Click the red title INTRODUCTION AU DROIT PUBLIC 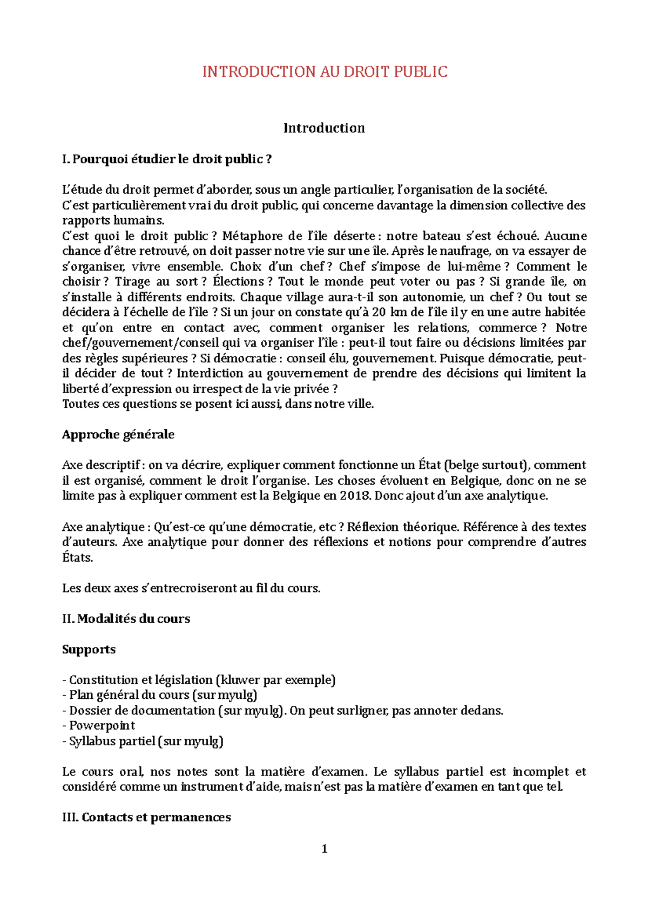point(325,72)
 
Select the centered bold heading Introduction point(324,128)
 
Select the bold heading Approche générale point(118,435)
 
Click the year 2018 point(355,496)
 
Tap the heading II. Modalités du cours point(126,619)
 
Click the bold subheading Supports point(89,649)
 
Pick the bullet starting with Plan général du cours point(159,695)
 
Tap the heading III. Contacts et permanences point(146,818)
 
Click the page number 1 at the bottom point(324,849)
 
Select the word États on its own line point(77,558)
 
